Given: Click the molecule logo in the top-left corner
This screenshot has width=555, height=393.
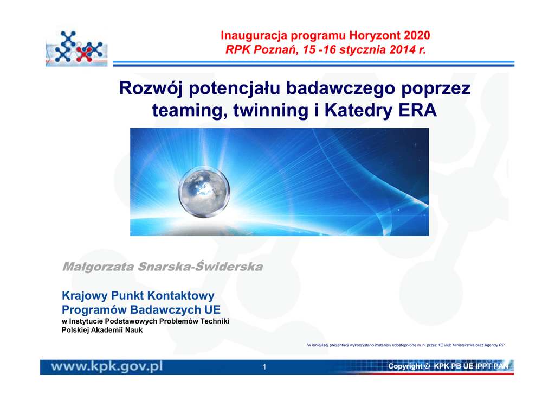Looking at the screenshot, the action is tap(76, 47).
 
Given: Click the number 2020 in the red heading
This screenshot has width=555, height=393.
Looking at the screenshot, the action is tap(417, 35).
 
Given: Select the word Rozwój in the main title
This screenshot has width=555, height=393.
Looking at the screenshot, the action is tap(151, 88).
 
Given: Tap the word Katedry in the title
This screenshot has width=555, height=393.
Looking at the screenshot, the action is tap(359, 111).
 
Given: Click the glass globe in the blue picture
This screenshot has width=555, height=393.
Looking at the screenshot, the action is tap(204, 192).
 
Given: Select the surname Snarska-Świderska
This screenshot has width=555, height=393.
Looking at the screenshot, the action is tap(201, 266).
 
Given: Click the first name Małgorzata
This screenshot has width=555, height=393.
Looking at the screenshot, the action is tap(99, 267).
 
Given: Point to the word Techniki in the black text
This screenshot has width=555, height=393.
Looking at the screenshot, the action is tap(215, 321).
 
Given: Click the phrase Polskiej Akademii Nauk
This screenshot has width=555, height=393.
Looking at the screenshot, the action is tap(102, 330).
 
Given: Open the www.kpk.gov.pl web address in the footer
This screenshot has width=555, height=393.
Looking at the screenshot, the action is tap(107, 366).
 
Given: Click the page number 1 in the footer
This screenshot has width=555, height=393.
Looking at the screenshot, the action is tap(264, 367).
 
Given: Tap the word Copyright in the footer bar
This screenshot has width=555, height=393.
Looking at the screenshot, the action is tap(405, 366).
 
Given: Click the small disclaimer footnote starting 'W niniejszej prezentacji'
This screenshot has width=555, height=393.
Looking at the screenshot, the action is tap(405, 345).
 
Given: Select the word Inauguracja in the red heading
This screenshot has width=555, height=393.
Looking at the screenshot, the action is tap(254, 36).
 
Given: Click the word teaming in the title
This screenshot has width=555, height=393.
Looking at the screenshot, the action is tap(190, 111).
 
